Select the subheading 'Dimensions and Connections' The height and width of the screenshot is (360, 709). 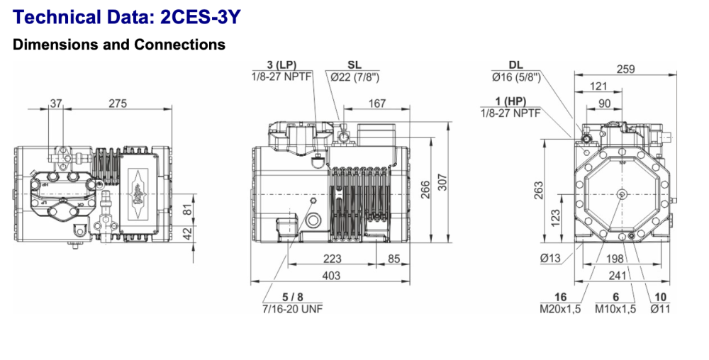click(x=119, y=45)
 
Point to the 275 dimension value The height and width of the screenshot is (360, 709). click(x=118, y=103)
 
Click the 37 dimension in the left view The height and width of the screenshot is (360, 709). click(x=56, y=103)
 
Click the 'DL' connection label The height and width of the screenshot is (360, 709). click(x=515, y=65)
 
